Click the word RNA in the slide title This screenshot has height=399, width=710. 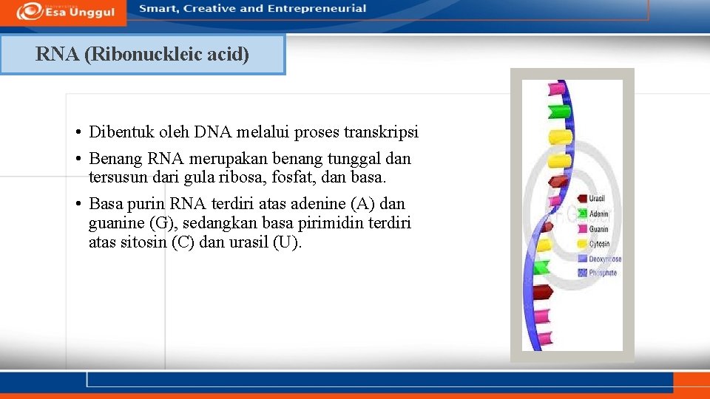(x=58, y=55)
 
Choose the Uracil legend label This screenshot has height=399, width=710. (x=598, y=199)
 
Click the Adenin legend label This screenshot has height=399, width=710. (x=598, y=214)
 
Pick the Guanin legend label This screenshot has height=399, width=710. (x=598, y=229)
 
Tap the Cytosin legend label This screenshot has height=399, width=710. (x=599, y=244)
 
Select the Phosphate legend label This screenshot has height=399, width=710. (x=603, y=273)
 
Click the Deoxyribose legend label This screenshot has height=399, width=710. (x=605, y=259)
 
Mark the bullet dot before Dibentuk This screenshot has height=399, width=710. (x=77, y=133)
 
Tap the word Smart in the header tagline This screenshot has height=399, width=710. (x=157, y=9)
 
